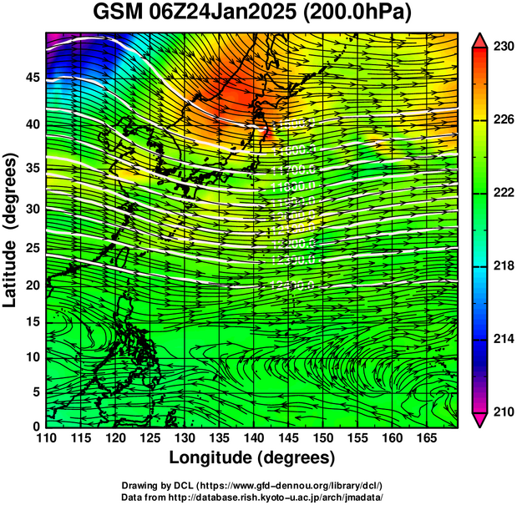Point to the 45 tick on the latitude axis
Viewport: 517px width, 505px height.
[32, 78]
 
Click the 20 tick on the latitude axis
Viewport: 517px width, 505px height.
[32, 285]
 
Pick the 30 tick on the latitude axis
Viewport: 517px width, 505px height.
[32, 209]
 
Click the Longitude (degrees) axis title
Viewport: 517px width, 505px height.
[252, 458]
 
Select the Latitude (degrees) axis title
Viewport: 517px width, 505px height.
[11, 230]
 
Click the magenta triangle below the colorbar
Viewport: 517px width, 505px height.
[480, 420]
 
